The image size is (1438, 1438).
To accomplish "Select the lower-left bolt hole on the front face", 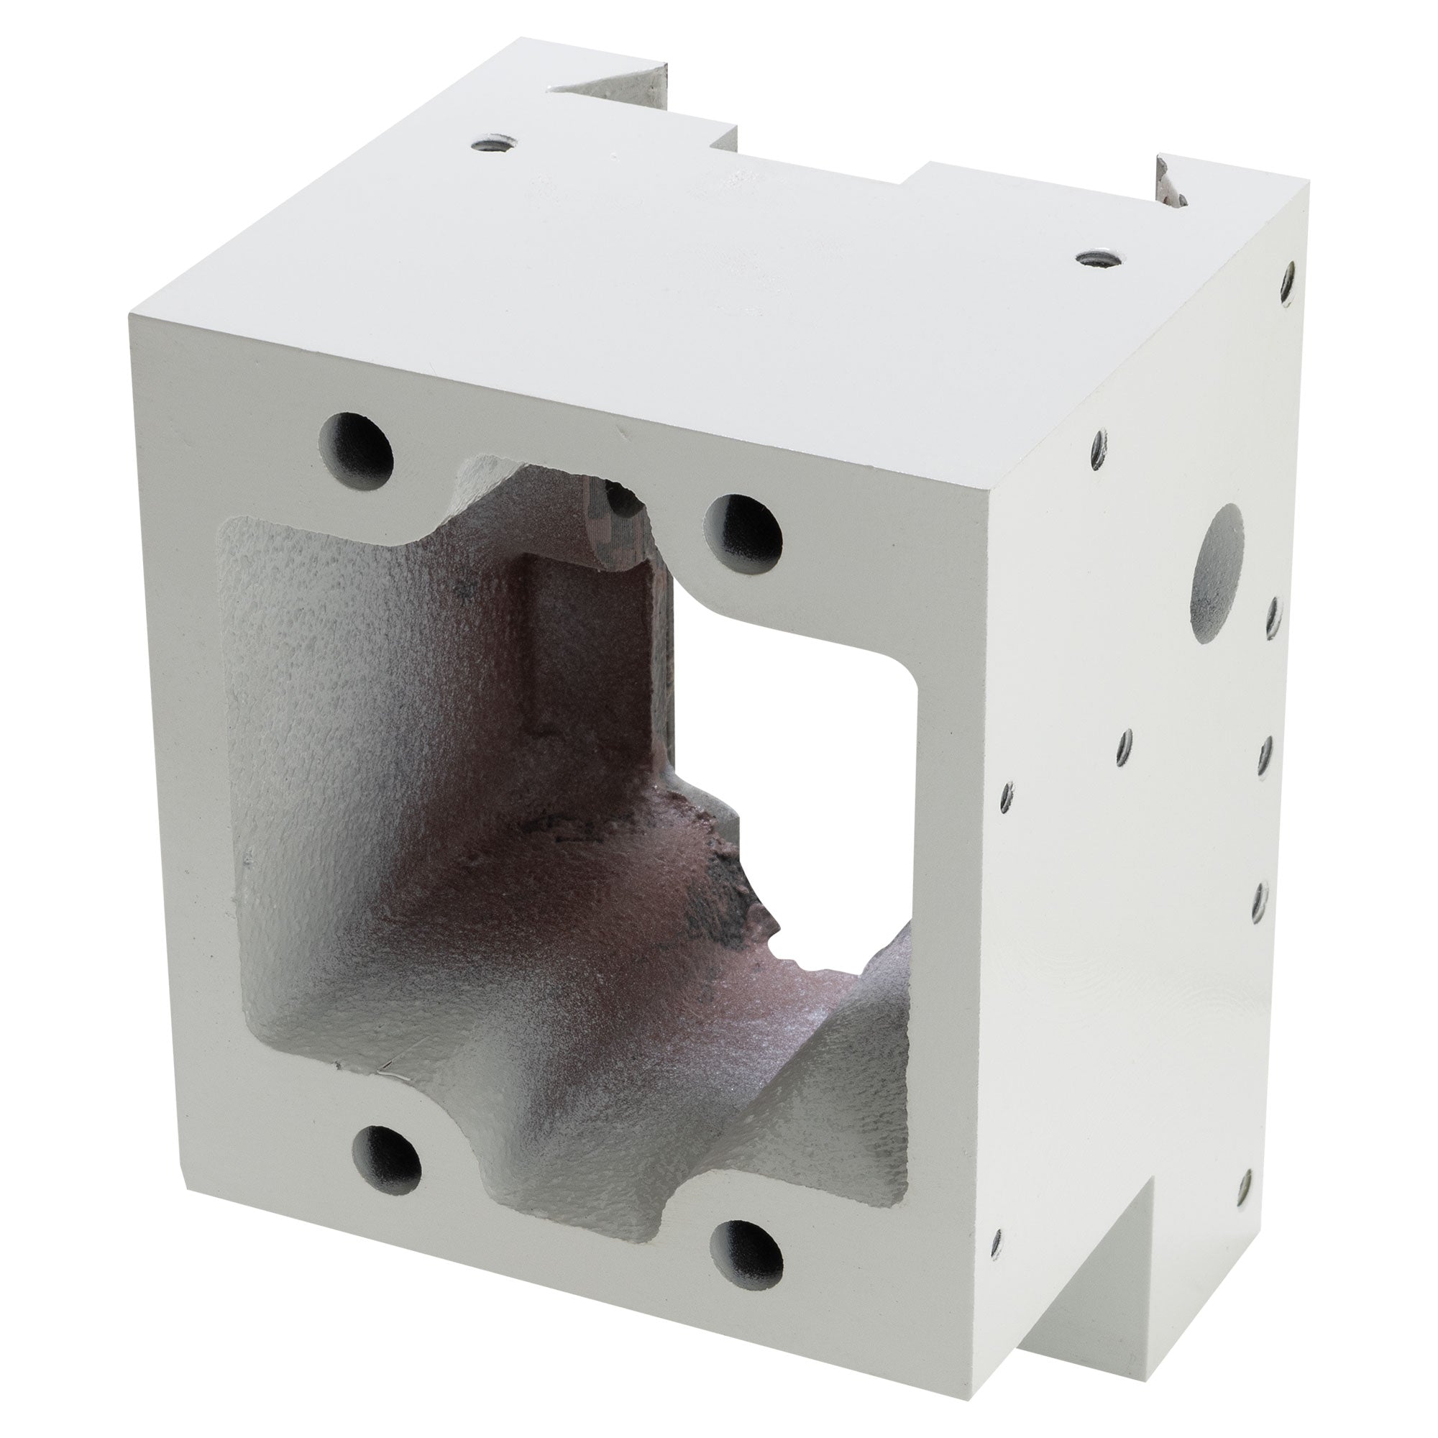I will [385, 1169].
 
